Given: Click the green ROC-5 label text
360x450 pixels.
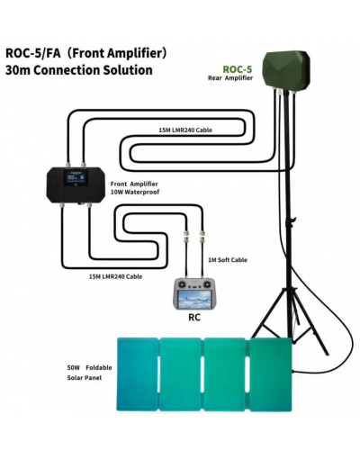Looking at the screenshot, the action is (238, 69).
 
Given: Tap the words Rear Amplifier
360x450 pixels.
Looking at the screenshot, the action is (230, 78).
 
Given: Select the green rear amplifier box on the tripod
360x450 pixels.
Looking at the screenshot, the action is (286, 70).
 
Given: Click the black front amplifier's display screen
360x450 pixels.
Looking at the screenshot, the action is (76, 177).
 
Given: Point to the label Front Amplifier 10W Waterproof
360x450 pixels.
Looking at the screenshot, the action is (134, 188).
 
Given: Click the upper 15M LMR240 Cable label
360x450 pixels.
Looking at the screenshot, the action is (185, 130).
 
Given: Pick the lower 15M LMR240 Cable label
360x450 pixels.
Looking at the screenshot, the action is (115, 276).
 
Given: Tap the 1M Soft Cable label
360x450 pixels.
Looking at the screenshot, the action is (228, 260).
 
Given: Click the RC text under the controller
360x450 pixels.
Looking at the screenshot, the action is (194, 318).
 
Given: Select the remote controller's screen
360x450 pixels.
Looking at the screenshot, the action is (194, 299).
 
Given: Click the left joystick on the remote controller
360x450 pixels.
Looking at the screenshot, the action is (182, 283).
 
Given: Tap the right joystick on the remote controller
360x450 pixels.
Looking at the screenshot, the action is (207, 283).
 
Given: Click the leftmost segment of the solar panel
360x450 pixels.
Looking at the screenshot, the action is (137, 374).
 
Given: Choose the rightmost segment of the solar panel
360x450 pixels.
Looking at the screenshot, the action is (271, 374).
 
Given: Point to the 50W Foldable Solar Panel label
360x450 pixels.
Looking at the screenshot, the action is (89, 373).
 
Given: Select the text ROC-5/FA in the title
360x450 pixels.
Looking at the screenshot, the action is (33, 53).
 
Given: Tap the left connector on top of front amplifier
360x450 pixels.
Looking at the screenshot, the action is (68, 165).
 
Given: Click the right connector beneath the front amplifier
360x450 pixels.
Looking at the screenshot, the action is (89, 206).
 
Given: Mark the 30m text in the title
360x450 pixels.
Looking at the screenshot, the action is (18, 70).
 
